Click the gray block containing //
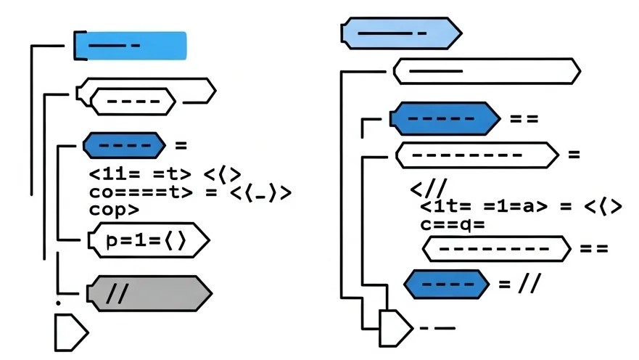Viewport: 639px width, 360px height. coord(149,294)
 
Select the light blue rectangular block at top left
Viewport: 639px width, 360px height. coord(131,45)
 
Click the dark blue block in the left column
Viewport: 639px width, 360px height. coord(123,145)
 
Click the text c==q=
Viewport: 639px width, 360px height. coord(452,224)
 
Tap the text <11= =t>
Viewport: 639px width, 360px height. coord(140,174)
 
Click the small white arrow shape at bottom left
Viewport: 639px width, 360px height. coord(70,332)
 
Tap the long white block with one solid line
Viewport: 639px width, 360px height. coord(486,71)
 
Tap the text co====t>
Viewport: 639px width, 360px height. coord(141,192)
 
